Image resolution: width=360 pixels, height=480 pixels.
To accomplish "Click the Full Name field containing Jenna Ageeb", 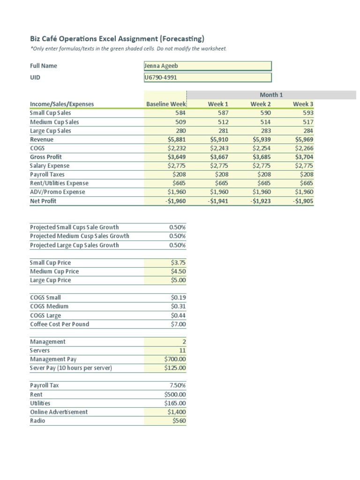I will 207,66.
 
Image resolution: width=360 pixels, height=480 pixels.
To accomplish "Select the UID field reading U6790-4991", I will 207,77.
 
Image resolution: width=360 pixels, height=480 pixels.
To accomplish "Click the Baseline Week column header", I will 166,104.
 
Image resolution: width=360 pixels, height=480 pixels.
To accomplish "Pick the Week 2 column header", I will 261,104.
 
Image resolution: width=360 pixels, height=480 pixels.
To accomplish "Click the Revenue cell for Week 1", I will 218,140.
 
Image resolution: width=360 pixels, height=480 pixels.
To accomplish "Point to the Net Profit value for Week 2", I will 260,201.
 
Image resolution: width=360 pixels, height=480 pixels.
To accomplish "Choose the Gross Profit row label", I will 46,157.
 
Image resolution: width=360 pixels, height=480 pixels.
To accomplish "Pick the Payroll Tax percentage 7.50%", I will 177,385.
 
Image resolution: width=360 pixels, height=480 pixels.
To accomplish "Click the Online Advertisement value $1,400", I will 177,412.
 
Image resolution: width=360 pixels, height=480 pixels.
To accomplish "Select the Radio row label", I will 37,421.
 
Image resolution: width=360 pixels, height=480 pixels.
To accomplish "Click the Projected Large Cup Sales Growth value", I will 177,245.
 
